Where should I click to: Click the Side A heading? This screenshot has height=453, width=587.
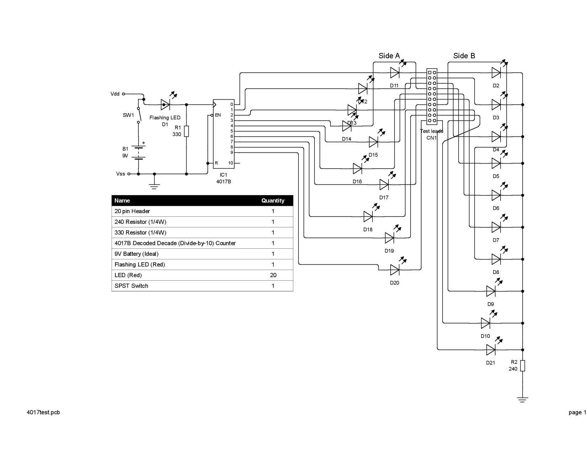[389, 56]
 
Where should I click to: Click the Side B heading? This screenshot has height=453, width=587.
[464, 56]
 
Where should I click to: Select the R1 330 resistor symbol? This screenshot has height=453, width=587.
[186, 131]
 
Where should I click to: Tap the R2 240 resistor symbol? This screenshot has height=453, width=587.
[523, 366]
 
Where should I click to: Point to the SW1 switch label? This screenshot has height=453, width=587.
[128, 115]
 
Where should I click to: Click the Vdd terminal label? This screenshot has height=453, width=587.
[115, 94]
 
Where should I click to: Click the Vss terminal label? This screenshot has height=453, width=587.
[121, 174]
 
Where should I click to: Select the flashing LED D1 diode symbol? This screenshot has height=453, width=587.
[165, 104]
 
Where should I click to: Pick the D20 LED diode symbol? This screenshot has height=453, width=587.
[395, 270]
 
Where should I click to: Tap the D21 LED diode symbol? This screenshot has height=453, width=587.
[491, 350]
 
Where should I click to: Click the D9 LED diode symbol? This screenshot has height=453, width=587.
[491, 291]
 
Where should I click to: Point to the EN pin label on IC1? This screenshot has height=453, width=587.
[218, 115]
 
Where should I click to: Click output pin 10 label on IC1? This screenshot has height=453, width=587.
[231, 163]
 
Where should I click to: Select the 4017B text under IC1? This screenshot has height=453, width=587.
[223, 182]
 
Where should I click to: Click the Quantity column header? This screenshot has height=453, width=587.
[273, 201]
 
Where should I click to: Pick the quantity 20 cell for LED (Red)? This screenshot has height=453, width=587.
[273, 275]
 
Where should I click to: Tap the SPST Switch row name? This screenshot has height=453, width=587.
[131, 286]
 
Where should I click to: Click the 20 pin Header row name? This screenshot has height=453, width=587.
[132, 211]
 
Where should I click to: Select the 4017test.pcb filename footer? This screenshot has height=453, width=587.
[43, 412]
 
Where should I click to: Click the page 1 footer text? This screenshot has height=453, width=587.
[577, 412]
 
